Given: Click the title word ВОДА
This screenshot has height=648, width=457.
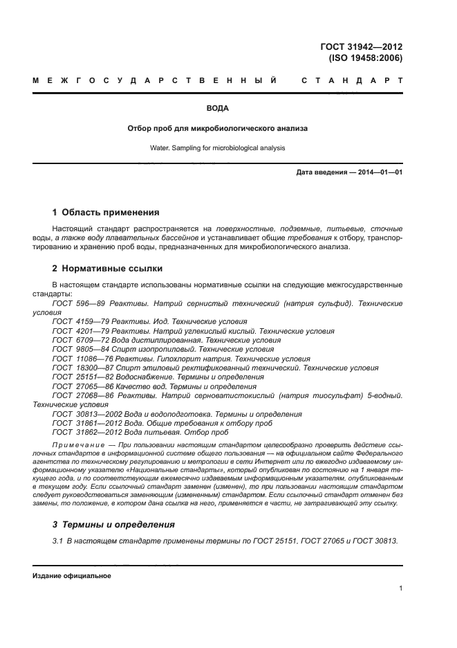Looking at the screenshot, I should [218, 109].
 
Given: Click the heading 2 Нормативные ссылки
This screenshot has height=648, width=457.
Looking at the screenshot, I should [108, 268].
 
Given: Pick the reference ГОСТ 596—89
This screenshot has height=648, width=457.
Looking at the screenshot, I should [77, 304].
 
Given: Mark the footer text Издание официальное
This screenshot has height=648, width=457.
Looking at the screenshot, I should [72, 576].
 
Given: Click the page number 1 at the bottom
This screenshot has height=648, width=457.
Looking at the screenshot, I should [400, 588].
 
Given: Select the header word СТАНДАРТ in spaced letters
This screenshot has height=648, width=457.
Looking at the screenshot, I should [352, 81].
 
